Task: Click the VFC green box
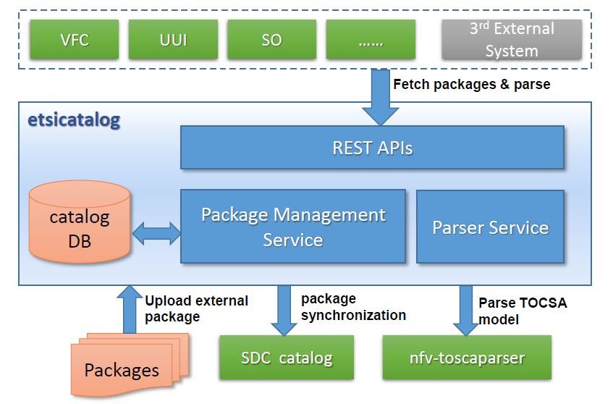tap(75, 40)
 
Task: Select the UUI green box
tap(173, 40)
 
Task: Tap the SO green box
tap(271, 40)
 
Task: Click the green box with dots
tap(371, 40)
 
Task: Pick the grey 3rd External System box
tap(512, 40)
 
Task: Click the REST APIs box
tap(372, 148)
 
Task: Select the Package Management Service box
tap(293, 227)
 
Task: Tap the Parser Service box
tap(490, 227)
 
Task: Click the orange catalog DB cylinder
tap(80, 222)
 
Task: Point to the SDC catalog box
tap(287, 358)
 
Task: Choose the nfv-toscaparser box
tap(467, 358)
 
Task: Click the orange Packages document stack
tap(130, 366)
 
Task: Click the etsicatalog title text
tap(74, 119)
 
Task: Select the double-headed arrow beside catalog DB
tap(156, 233)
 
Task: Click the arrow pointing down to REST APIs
tap(381, 97)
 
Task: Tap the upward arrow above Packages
tap(130, 309)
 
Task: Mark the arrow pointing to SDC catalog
tap(284, 311)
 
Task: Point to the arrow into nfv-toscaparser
tap(465, 311)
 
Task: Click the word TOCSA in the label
tap(544, 303)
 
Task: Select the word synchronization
tap(353, 315)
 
